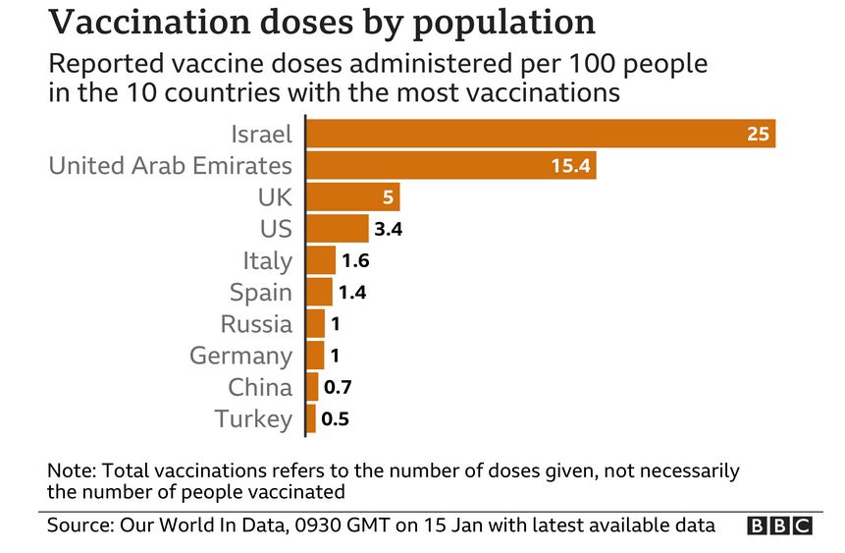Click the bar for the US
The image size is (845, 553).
pos(337,229)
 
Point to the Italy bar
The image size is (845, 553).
pos(321,260)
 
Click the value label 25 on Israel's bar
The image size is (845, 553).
pos(758,134)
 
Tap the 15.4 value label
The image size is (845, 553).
pos(569,165)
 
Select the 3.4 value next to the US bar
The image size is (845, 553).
pos(390,230)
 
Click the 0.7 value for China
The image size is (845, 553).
pos(339,387)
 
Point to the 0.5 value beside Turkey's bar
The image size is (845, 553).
pos(336,419)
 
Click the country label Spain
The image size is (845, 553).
pos(260,292)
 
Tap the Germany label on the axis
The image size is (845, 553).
pos(240,356)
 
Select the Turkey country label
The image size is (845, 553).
pos(253,419)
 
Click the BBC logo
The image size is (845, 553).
pos(780,525)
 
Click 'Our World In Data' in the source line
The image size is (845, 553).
pos(203,525)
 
